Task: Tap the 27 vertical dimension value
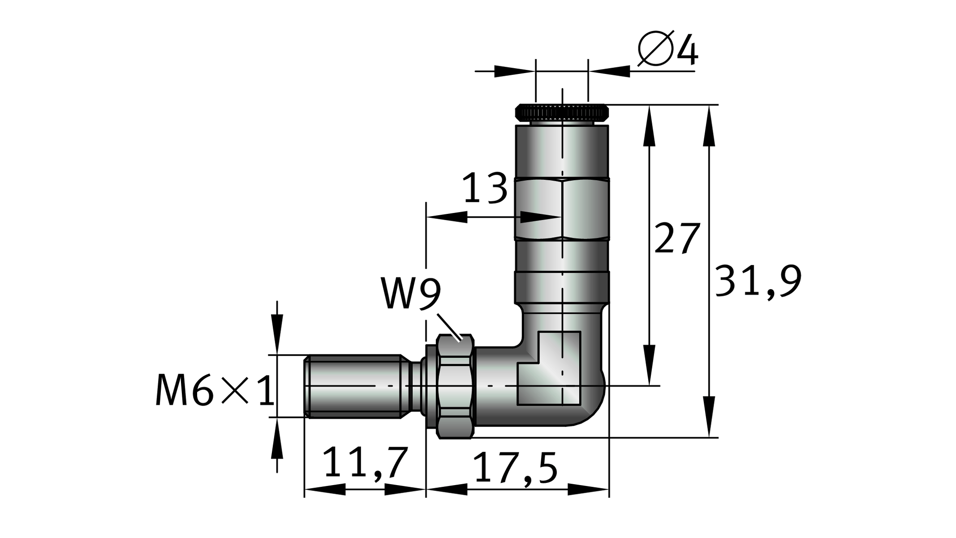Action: tap(677, 238)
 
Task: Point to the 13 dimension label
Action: tap(485, 188)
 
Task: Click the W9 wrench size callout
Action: tap(411, 294)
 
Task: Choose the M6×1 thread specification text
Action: tap(215, 391)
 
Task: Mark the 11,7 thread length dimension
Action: tap(365, 463)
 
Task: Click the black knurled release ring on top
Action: tap(562, 112)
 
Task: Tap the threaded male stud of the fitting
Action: tap(354, 386)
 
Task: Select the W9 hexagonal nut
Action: tap(455, 386)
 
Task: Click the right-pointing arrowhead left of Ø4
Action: tap(514, 71)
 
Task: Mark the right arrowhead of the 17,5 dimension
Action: tap(588, 490)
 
